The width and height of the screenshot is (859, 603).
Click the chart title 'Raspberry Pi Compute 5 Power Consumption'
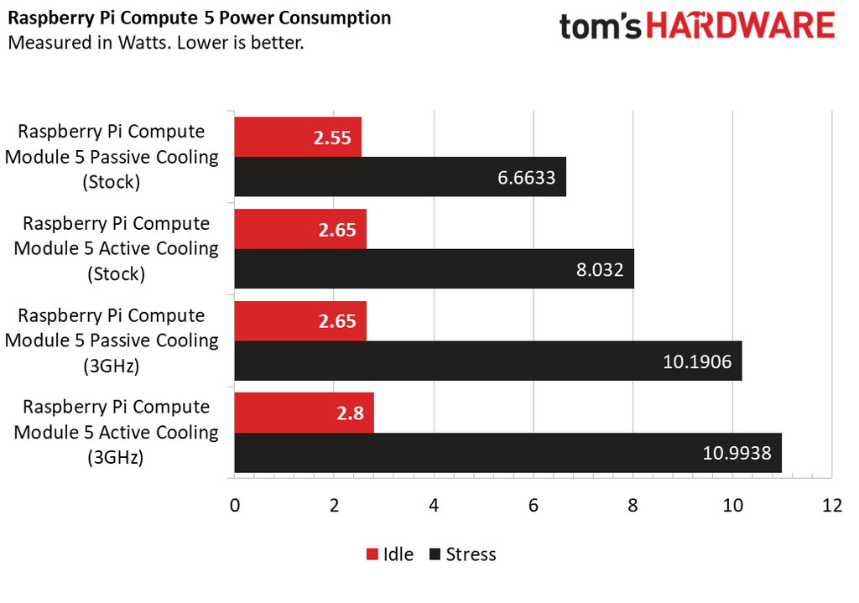tap(199, 18)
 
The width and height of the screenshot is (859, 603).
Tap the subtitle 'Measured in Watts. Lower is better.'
tap(155, 42)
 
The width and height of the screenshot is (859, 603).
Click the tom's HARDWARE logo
tap(697, 27)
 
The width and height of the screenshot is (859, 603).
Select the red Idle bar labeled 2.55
tap(297, 137)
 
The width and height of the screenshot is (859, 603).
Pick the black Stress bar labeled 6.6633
tap(399, 177)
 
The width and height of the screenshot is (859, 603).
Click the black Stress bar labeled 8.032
tap(434, 269)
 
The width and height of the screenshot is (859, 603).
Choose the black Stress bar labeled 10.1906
tap(487, 361)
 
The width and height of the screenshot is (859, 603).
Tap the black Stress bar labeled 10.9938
tap(508, 453)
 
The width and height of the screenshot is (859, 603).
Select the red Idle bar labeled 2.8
tap(304, 413)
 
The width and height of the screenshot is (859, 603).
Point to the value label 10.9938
tap(736, 454)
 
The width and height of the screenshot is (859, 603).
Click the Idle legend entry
tap(390, 554)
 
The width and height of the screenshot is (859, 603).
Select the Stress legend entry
tap(462, 554)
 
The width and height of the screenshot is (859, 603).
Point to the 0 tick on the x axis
tap(235, 506)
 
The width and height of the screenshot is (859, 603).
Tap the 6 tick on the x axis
tap(534, 506)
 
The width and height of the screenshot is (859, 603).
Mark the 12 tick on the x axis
tap(831, 506)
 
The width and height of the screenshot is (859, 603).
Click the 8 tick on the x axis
tap(633, 506)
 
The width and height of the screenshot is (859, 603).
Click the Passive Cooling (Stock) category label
tap(112, 157)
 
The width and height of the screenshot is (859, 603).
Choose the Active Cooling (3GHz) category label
tap(117, 433)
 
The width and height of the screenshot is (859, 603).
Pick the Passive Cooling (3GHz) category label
tap(112, 340)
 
